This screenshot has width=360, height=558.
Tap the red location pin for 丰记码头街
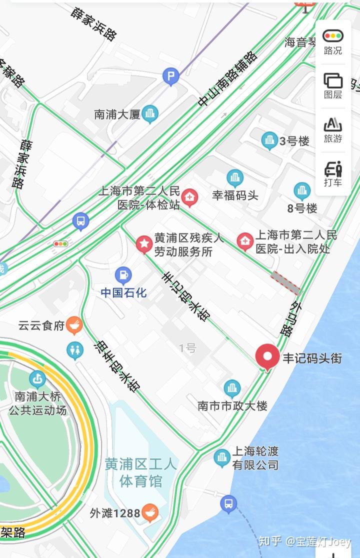point(267,356)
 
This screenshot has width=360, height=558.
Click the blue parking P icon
point(171,77)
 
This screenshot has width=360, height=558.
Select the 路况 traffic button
point(332,42)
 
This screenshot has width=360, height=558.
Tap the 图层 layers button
point(332,85)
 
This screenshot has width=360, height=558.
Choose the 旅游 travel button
point(332,129)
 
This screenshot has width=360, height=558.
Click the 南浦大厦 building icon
point(149,114)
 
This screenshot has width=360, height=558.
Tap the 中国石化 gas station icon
point(123,275)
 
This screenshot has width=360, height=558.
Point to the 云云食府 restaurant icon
point(74,325)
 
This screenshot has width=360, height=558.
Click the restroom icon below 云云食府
point(75,350)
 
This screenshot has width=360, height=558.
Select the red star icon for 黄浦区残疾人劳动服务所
point(144,244)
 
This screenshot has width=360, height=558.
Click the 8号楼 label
point(303,207)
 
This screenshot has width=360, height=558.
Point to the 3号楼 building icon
point(270,140)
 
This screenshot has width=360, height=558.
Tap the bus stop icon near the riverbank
point(228,503)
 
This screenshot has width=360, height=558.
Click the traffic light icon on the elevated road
point(60,244)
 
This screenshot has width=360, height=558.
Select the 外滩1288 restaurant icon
point(150,512)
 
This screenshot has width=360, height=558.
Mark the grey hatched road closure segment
point(285,283)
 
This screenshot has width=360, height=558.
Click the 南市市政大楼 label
point(232,405)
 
